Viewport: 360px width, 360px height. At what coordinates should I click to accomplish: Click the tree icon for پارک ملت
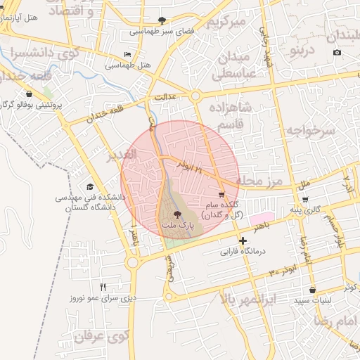pyautogui.click(x=176, y=214)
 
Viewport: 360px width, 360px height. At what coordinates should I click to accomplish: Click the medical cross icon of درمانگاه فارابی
pyautogui.click(x=243, y=241)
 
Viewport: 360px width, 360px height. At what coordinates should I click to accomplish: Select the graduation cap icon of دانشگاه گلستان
pyautogui.click(x=90, y=186)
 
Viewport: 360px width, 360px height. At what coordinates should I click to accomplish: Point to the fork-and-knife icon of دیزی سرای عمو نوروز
pyautogui.click(x=103, y=287)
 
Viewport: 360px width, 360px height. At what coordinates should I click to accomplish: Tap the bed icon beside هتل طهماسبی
pyautogui.click(x=127, y=54)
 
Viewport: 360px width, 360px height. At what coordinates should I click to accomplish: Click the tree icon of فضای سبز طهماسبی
pyautogui.click(x=164, y=20)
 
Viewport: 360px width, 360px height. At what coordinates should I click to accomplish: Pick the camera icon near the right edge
pyautogui.click(x=337, y=53)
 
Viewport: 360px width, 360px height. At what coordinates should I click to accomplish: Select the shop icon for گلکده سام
pyautogui.click(x=222, y=195)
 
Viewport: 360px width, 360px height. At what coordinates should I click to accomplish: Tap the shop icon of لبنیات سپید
pyautogui.click(x=311, y=290)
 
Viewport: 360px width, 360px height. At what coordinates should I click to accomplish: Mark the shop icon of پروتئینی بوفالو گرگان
pyautogui.click(x=29, y=94)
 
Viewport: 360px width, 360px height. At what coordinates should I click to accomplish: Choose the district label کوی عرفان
pyautogui.click(x=103, y=337)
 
